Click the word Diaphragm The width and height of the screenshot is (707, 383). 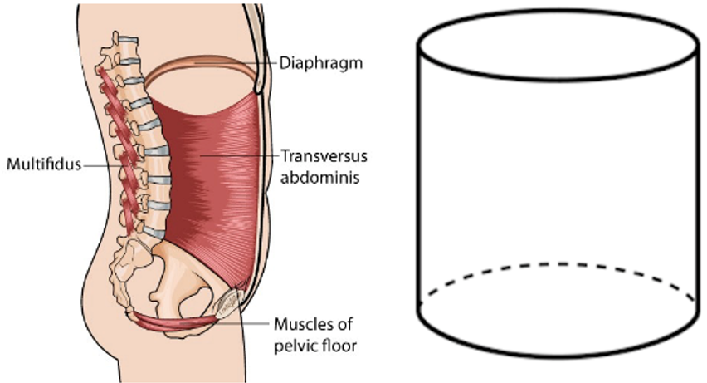(x=321, y=63)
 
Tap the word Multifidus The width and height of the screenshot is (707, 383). (x=44, y=164)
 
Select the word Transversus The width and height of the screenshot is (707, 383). (x=324, y=156)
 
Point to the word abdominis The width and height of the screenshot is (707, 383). (x=320, y=178)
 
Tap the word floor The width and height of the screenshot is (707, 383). (x=340, y=346)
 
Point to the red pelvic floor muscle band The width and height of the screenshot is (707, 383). (x=176, y=322)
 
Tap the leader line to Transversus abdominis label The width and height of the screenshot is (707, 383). (x=238, y=156)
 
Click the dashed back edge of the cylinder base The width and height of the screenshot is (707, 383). (x=559, y=264)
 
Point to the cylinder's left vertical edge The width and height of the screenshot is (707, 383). (x=419, y=179)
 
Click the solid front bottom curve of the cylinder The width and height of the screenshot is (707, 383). (x=559, y=355)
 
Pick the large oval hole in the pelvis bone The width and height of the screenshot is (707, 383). (x=195, y=302)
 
